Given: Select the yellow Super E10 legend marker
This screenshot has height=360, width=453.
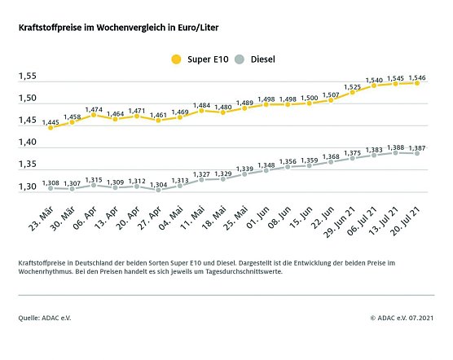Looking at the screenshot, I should [x=175, y=59].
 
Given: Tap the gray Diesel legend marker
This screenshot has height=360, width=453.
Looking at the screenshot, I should [x=239, y=59].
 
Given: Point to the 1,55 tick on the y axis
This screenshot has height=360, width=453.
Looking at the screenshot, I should [x=28, y=77].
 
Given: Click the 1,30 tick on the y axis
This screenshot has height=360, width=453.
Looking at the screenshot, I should [x=28, y=187].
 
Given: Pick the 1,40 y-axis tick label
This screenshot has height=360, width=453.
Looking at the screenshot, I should [x=28, y=143].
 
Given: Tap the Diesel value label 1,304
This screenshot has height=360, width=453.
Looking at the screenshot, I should [x=158, y=185].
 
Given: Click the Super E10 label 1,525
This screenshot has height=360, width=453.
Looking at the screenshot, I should [x=354, y=86].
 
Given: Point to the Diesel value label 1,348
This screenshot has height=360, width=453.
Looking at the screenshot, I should [x=266, y=165].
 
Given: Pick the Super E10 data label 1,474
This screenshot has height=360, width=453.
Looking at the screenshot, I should [x=94, y=109].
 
